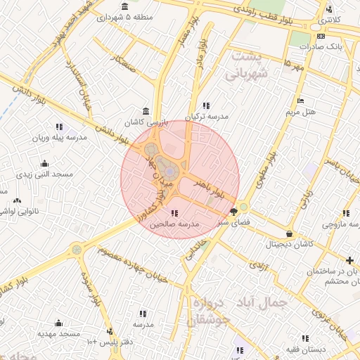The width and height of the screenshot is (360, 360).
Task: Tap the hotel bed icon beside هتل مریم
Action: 300,101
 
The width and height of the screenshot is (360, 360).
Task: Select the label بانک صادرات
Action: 320,47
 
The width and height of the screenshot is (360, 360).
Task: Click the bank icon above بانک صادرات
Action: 321,36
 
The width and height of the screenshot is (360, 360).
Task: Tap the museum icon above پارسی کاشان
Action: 146,111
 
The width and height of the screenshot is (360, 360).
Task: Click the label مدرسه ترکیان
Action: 207,117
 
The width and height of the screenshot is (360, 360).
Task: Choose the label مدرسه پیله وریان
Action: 60,138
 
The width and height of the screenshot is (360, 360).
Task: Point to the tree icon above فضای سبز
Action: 233,210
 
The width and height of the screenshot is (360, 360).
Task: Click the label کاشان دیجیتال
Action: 289,244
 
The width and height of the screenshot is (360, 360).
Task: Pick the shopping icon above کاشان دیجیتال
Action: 290,233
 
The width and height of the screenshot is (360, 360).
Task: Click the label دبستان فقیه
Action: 303,349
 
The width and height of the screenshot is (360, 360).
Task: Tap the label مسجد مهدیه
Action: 56,333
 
